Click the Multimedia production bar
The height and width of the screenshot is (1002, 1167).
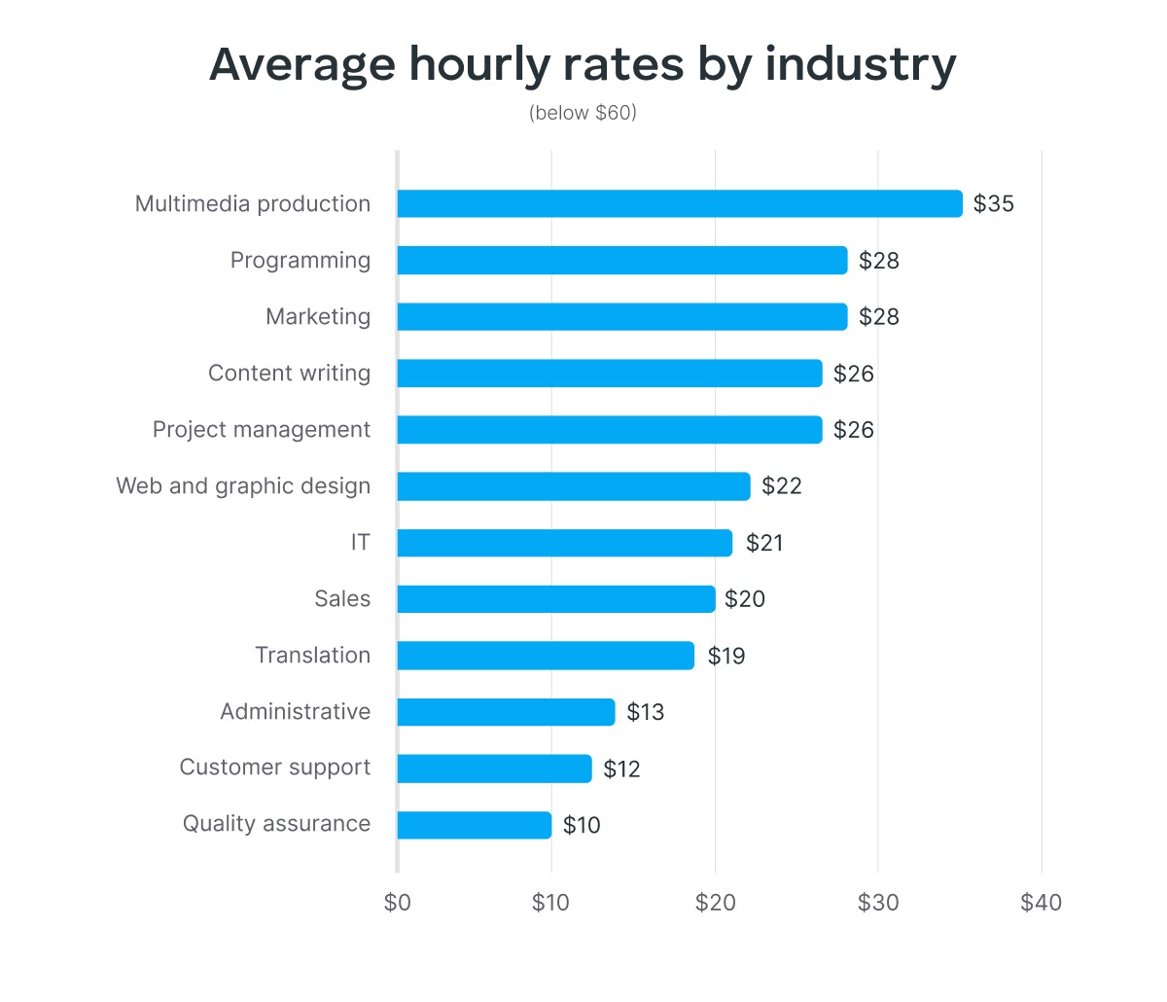tap(679, 203)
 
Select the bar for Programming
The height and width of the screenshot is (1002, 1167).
tap(622, 260)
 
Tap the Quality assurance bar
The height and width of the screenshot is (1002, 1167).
tap(475, 825)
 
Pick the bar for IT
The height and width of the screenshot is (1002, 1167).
tap(564, 543)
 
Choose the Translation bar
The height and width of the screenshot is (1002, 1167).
tap(546, 656)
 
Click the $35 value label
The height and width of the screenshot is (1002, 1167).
tap(993, 203)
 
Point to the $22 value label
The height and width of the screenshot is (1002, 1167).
tap(781, 486)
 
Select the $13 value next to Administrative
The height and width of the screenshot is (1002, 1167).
tap(645, 712)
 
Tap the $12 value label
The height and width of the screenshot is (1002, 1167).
tap(621, 769)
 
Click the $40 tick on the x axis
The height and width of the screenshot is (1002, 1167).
tap(1041, 903)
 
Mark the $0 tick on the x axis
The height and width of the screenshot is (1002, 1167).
tap(398, 903)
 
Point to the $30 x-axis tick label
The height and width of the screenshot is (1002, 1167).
tap(878, 903)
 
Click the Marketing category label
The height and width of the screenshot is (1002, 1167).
tap(318, 316)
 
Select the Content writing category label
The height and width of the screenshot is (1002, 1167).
tap(289, 373)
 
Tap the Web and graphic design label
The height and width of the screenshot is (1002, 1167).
tap(243, 485)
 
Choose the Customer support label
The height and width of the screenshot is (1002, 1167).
tap(274, 768)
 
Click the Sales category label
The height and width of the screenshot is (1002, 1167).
tap(342, 598)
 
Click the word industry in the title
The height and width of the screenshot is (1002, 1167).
tap(860, 64)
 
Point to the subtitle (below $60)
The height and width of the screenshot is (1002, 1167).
tap(583, 113)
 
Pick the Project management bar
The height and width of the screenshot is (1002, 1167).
tap(610, 430)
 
